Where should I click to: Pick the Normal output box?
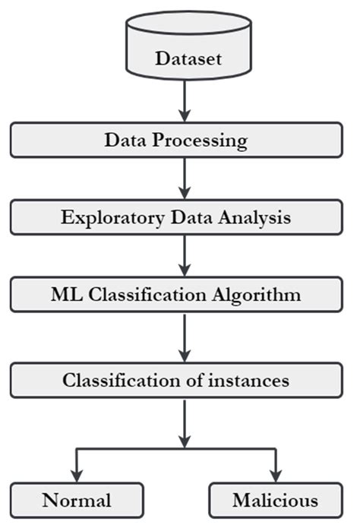(x=77, y=500)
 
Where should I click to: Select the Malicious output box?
(x=275, y=500)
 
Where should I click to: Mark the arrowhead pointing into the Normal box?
(x=77, y=476)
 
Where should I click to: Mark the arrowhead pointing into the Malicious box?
(x=275, y=476)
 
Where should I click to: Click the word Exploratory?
(x=100, y=217)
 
